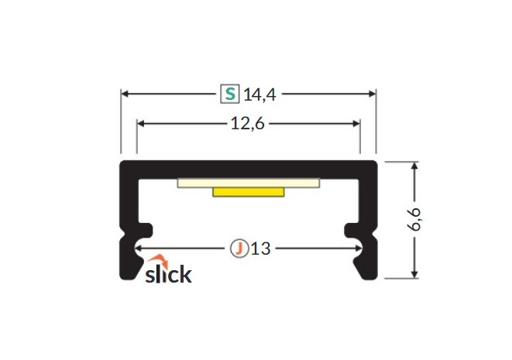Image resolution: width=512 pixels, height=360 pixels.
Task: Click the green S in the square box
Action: [230, 94]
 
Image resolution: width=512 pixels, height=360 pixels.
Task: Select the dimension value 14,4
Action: [260, 95]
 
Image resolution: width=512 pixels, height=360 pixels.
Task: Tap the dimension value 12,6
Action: [248, 124]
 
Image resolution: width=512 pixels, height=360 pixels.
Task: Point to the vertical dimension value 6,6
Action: [414, 219]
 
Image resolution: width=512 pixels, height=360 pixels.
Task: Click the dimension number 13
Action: [261, 249]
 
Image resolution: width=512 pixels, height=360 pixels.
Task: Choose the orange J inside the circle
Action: [239, 249]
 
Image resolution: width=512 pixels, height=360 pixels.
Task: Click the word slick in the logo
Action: [168, 274]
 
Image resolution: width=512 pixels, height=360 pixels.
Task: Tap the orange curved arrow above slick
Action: [158, 260]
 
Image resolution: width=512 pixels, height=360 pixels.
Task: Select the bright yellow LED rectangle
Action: [249, 192]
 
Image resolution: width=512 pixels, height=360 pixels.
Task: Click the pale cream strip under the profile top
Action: [249, 183]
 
